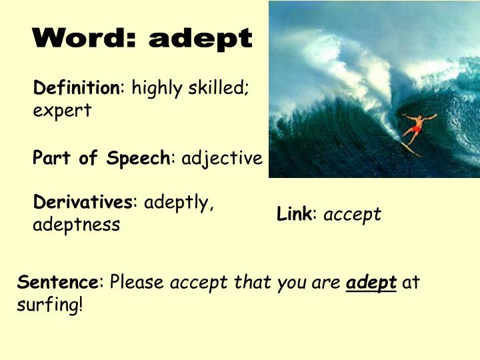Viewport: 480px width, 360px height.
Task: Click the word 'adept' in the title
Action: coord(201,39)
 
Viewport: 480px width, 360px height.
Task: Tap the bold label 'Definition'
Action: coord(76,87)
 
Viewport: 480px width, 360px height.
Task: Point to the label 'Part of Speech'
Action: coord(101,158)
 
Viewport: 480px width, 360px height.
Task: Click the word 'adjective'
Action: coord(222,158)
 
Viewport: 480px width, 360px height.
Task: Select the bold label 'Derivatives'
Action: coord(83,202)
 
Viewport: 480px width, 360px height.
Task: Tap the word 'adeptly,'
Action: coord(179,203)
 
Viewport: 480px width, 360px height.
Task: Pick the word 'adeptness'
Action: coord(77,225)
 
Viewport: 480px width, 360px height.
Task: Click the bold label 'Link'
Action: coord(294,214)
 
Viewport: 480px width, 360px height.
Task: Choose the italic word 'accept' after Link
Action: coord(352,215)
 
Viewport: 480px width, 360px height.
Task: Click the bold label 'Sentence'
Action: coord(58,282)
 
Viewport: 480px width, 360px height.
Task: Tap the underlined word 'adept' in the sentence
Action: coord(372,283)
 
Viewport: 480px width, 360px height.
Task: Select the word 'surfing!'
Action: coord(50,305)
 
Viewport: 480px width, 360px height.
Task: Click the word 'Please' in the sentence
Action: coord(137,282)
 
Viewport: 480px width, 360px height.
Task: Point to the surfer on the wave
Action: coord(416,128)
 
